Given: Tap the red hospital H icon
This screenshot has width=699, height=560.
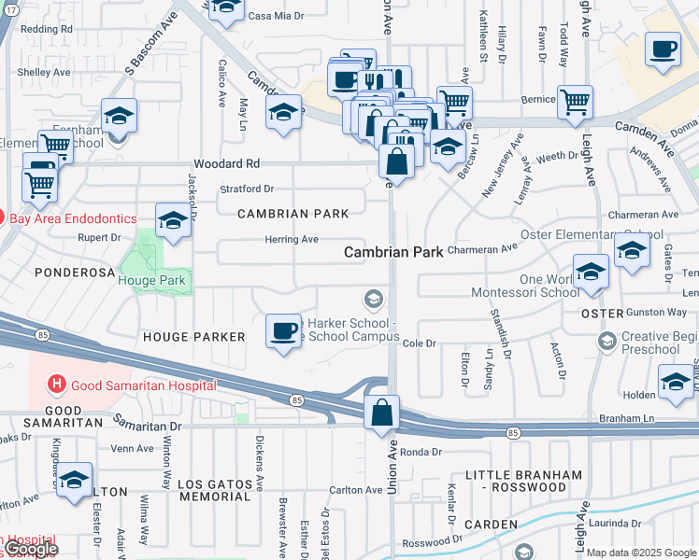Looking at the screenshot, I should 57,384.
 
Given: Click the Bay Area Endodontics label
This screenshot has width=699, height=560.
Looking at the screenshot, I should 67,219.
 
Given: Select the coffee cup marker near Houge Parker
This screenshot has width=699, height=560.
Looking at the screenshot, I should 283,330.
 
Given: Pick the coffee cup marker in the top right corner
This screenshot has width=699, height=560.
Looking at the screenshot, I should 663,49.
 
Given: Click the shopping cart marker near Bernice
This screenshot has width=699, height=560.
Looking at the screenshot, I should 575,101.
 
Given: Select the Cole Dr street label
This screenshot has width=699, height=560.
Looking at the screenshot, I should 420,343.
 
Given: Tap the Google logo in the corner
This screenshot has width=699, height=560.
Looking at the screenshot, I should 31,549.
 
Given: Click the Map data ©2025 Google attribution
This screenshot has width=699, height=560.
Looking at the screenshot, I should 641,553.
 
